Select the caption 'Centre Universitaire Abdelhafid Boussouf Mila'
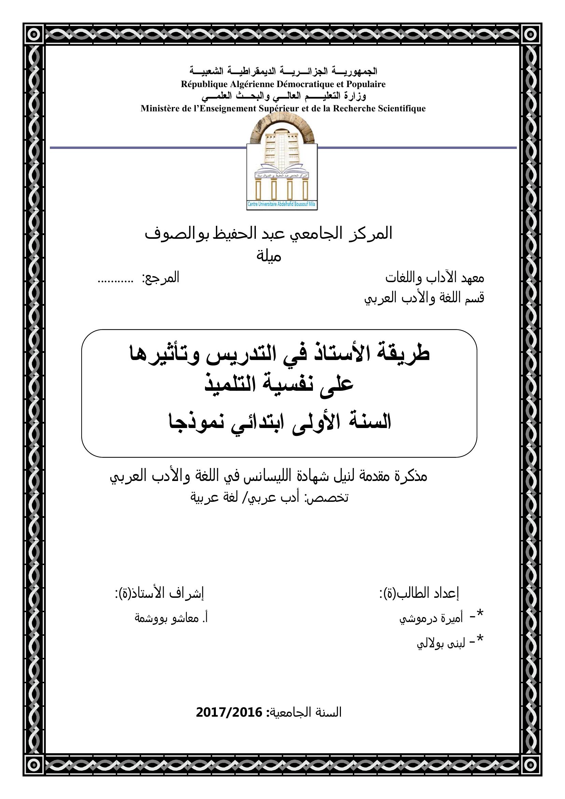click(281, 204)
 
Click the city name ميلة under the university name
click(268, 257)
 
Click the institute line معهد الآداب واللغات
click(435, 278)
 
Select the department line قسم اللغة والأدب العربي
click(424, 298)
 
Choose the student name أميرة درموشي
click(431, 619)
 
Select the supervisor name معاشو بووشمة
click(167, 618)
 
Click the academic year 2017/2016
click(229, 713)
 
